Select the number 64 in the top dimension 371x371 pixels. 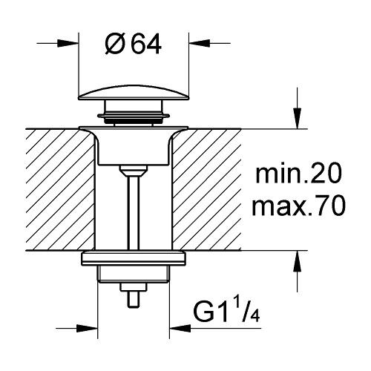145,45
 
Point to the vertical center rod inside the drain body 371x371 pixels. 134,208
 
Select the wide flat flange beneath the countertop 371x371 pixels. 134,259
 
